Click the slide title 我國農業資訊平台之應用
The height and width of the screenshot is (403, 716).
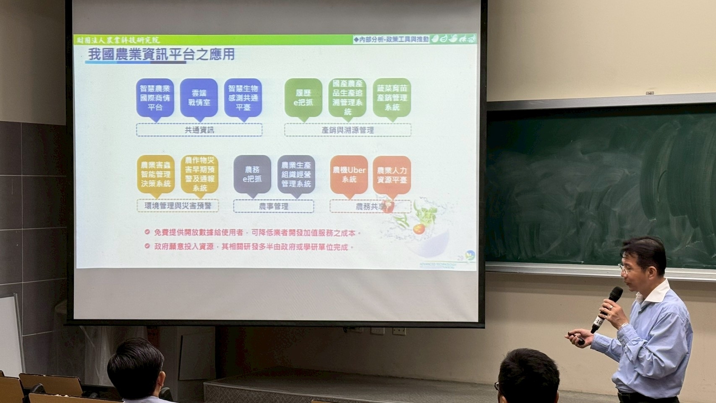[x=161, y=55]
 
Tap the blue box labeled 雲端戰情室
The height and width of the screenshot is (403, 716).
[x=199, y=98]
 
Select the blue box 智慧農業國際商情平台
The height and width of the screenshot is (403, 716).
[x=155, y=98]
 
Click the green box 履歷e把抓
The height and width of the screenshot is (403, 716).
[x=303, y=98]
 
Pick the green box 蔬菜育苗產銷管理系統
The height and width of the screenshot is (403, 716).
[x=392, y=98]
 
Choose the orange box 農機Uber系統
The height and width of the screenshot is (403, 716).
[x=349, y=175]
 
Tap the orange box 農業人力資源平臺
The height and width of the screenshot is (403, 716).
[x=392, y=175]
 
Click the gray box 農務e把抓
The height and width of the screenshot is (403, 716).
[x=252, y=175]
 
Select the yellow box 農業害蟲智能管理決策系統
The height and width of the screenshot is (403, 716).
[x=156, y=175]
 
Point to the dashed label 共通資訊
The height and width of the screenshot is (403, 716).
[x=199, y=130]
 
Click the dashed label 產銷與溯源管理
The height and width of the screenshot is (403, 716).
[x=348, y=130]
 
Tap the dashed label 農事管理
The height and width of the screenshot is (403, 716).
[x=273, y=206]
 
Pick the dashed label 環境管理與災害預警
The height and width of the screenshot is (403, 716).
[x=178, y=206]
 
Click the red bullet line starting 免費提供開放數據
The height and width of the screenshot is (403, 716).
[x=254, y=233]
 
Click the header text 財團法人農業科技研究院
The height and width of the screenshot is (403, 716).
[x=118, y=40]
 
